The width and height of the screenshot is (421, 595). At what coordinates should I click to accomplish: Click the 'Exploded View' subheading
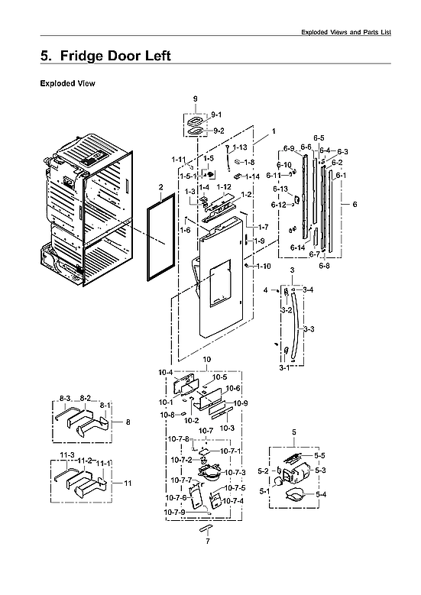coord(67,83)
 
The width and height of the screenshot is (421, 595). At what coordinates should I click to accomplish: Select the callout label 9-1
coord(216,114)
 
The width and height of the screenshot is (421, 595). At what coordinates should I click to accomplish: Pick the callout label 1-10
coord(263,266)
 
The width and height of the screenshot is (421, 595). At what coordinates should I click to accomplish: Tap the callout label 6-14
coord(297,248)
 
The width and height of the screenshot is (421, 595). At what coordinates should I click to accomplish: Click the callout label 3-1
coord(283,367)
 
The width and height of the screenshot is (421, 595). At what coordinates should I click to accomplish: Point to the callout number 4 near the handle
coord(266,291)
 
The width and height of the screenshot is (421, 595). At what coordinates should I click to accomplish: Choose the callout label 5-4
coord(320,495)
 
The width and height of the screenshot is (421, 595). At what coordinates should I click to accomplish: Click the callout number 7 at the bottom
coord(206,541)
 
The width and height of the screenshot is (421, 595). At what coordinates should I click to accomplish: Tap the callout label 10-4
coord(166,371)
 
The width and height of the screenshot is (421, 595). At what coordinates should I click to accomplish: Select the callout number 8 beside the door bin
coord(128,422)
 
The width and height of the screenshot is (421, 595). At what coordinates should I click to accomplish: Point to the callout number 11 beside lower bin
coord(128,483)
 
